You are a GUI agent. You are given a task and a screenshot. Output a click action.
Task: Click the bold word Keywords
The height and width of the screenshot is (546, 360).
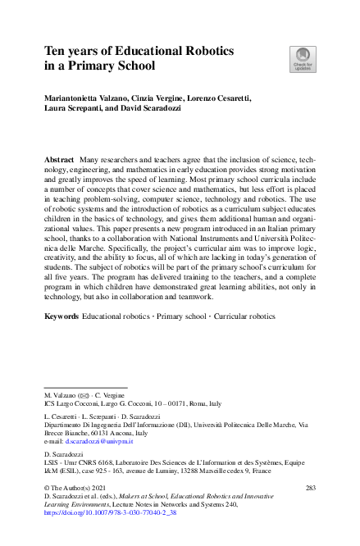[x=62, y=316]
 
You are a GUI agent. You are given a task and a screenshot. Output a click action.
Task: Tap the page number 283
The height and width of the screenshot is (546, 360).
[x=310, y=488]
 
